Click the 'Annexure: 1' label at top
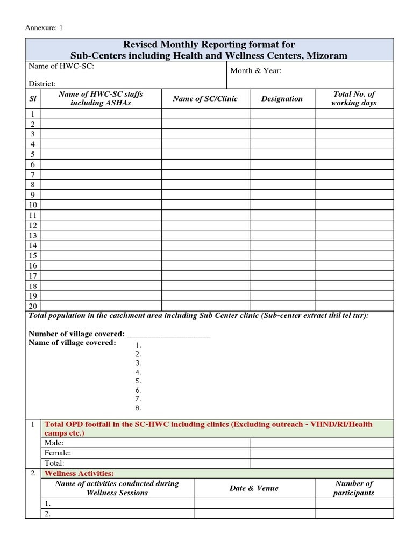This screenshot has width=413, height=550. point(45,28)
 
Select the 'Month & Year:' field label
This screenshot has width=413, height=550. point(255,71)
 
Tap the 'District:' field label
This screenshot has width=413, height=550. point(42,84)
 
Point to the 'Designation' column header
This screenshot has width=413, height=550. point(282,99)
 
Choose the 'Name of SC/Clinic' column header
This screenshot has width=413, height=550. point(205,99)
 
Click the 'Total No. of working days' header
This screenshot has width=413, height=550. point(353,98)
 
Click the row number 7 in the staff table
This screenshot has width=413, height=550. point(33,175)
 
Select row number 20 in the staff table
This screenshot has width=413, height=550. point(33,306)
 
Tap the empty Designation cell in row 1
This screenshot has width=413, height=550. point(282,114)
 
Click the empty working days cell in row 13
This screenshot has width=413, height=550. point(353,235)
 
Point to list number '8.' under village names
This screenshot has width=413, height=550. point(138,408)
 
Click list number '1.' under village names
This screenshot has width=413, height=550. point(138,345)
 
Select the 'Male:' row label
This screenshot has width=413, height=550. point(54,443)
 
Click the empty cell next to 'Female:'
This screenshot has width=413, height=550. point(321,453)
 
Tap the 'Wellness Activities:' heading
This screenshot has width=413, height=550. point(79,473)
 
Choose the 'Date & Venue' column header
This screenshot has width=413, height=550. point(254,488)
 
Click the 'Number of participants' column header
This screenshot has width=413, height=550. point(353,488)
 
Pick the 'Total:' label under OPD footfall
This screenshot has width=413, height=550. point(54,463)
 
